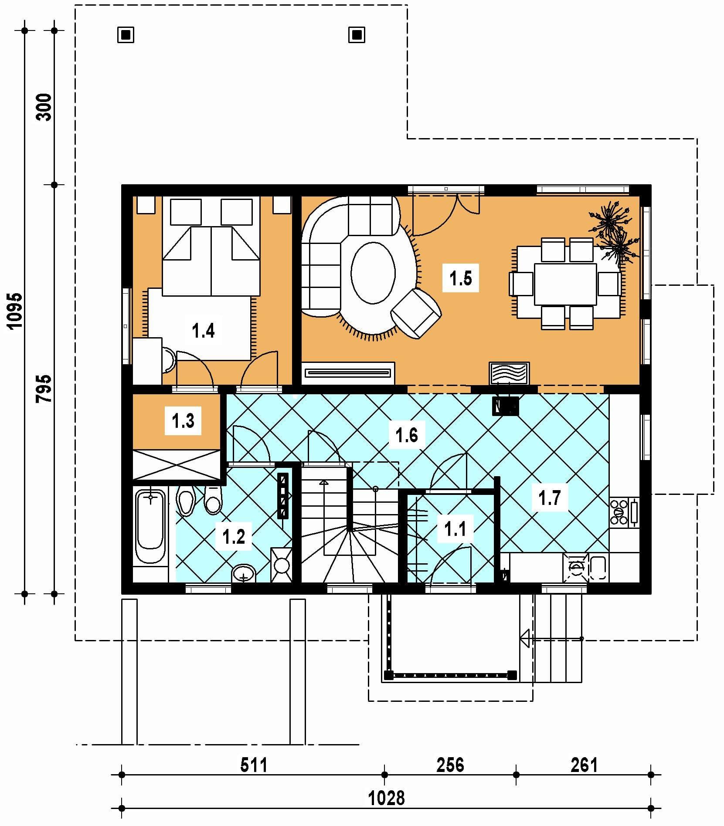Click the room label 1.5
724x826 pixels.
pyautogui.click(x=461, y=278)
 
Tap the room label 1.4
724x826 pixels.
pyautogui.click(x=203, y=331)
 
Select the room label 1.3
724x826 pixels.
pyautogui.click(x=183, y=421)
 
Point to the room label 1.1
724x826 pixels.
pyautogui.click(x=455, y=529)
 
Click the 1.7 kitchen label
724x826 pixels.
pyautogui.click(x=549, y=497)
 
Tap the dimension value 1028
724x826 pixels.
pyautogui.click(x=387, y=799)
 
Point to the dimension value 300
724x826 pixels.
pyautogui.click(x=45, y=107)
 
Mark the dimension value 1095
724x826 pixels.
pyautogui.click(x=15, y=311)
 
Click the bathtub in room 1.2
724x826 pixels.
pyautogui.click(x=150, y=527)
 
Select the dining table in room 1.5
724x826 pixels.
pyautogui.click(x=565, y=284)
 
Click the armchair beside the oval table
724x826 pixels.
pyautogui.click(x=416, y=313)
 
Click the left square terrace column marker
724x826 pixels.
pyautogui.click(x=126, y=35)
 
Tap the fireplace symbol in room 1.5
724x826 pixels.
pyautogui.click(x=509, y=373)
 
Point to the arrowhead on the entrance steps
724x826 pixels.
pyautogui.click(x=525, y=639)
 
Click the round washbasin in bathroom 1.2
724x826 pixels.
pyautogui.click(x=244, y=573)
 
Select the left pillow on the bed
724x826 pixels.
pyautogui.click(x=185, y=212)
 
